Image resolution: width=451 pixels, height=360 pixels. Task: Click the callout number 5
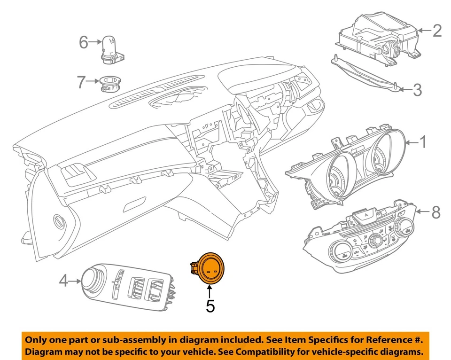click(210, 306)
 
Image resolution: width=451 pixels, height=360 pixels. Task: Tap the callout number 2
click(437, 31)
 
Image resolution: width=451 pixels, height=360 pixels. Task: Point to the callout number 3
click(417, 90)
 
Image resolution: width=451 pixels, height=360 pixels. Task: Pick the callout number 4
click(64, 282)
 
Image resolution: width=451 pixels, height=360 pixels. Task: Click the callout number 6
click(84, 43)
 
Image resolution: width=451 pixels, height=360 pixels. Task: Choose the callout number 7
click(82, 83)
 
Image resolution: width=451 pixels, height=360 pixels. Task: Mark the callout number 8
click(435, 212)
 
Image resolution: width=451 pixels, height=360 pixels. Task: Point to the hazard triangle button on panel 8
click(367, 214)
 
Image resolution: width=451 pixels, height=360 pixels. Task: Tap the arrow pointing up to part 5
click(210, 291)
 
